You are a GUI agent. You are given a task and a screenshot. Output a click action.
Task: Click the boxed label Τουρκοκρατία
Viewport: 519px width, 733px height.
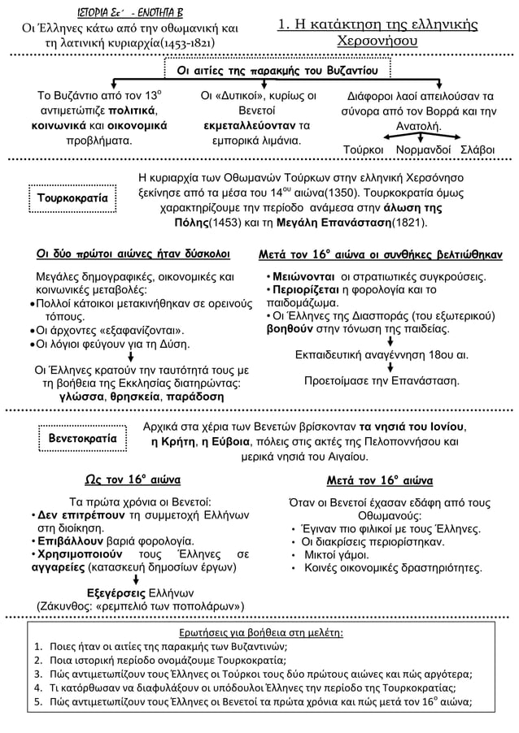(x=78, y=198)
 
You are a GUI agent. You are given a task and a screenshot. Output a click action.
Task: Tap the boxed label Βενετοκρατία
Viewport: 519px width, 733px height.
(x=78, y=440)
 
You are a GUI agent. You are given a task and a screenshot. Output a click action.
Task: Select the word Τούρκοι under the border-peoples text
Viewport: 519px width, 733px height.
(x=364, y=151)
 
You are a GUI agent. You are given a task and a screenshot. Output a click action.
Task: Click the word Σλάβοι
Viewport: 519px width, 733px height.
(x=480, y=151)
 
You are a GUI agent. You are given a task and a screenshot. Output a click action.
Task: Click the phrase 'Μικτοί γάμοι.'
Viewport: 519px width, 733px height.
(x=342, y=556)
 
